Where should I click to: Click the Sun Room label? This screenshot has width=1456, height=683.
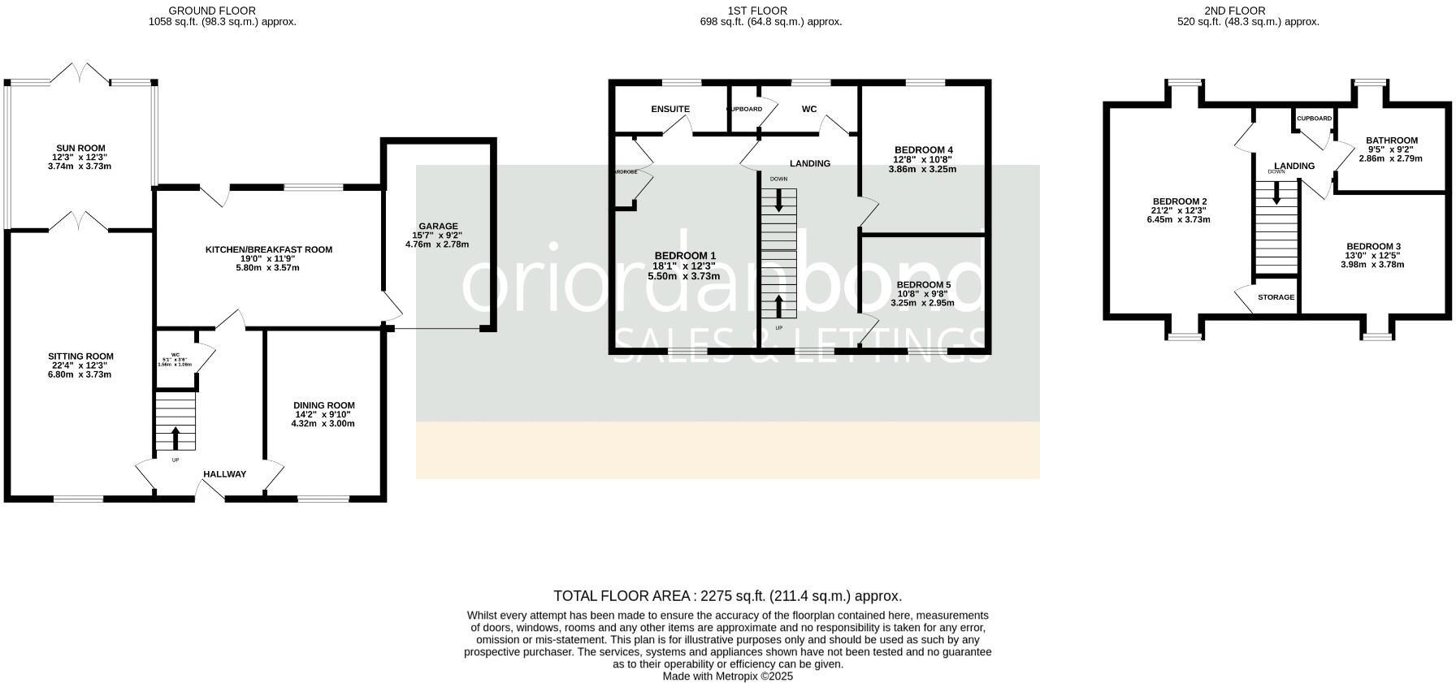[80, 148]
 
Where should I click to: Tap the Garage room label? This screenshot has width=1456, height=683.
[439, 227]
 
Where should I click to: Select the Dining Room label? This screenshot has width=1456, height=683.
[325, 405]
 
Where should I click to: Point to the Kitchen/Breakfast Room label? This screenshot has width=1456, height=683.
[268, 250]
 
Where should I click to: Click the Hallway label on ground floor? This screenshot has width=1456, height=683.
[224, 474]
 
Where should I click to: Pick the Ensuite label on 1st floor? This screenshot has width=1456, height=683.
[670, 109]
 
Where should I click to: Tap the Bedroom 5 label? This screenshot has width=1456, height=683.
[924, 285]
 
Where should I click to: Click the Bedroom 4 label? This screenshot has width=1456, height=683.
[924, 150]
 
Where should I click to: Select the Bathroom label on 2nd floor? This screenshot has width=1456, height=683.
[1392, 140]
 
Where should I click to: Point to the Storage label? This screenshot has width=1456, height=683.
[1276, 297]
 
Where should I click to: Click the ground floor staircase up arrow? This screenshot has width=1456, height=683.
[175, 438]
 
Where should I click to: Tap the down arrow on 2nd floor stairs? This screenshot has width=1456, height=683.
[1276, 192]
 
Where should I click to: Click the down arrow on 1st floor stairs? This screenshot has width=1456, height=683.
[779, 200]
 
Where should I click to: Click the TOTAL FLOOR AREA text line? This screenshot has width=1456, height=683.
[727, 596]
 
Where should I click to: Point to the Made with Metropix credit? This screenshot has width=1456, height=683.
[727, 676]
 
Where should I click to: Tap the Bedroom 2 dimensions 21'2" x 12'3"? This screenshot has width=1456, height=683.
[1179, 210]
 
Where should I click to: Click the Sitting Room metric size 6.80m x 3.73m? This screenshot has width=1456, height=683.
[80, 374]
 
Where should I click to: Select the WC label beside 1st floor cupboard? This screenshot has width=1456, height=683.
[809, 109]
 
